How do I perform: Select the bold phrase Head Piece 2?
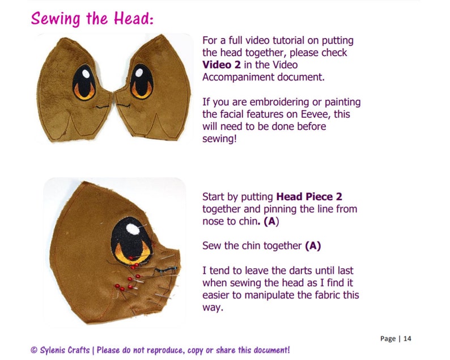coord(309,197)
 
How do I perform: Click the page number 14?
coord(407,338)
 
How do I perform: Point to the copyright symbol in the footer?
coord(34,350)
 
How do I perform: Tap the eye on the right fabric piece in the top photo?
coord(142,82)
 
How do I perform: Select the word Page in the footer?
coord(388,338)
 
